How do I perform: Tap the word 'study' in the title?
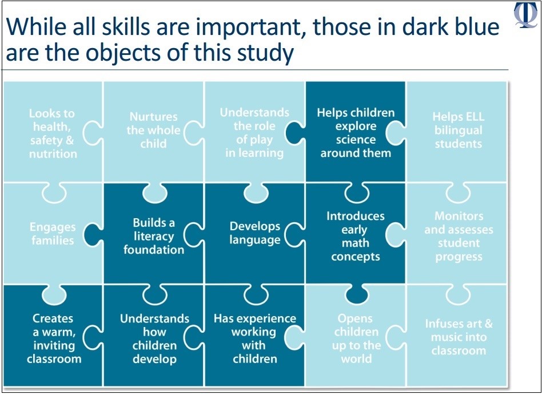click(x=262, y=53)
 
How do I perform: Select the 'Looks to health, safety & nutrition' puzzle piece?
click(x=53, y=133)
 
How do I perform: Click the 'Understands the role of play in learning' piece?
click(x=254, y=133)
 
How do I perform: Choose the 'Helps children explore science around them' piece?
click(x=356, y=133)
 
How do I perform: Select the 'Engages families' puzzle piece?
click(x=53, y=234)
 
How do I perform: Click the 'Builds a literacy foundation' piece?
click(x=153, y=236)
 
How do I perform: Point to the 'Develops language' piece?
click(x=255, y=233)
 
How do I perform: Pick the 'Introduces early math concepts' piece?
click(x=356, y=236)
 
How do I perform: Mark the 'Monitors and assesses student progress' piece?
click(x=459, y=236)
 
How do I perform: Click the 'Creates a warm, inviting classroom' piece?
click(x=54, y=338)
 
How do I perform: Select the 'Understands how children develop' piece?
click(x=154, y=338)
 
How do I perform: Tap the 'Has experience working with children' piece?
click(x=255, y=338)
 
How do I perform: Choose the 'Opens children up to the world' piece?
click(x=356, y=338)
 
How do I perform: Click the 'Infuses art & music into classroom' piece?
click(x=459, y=337)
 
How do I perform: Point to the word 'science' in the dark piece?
click(x=356, y=140)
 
